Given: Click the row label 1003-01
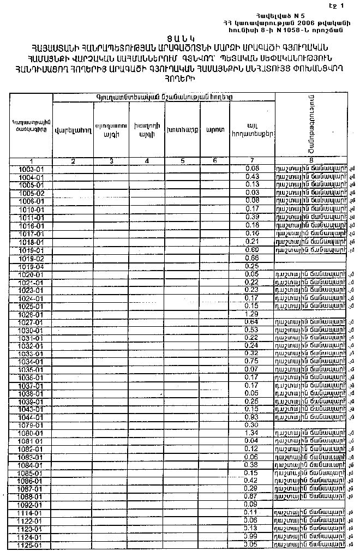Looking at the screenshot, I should tap(31, 169).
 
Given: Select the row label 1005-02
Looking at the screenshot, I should tap(31, 193).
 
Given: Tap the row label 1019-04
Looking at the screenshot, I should tap(31, 266).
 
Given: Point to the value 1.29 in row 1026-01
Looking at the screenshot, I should tap(252, 315).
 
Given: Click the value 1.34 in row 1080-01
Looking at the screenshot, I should tap(252, 433).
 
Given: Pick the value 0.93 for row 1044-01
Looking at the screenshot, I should tap(252, 417).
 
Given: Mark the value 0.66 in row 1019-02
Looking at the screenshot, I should tap(252, 257).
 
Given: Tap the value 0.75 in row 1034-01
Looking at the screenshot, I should tap(252, 361).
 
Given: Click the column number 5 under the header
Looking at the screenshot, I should tap(182, 161).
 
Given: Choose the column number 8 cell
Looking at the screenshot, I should tap(311, 161).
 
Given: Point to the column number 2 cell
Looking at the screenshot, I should tap(73, 161).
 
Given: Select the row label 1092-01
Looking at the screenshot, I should tap(31, 505).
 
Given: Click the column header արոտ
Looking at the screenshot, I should tap(214, 130).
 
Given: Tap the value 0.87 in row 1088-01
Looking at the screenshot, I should tap(252, 496).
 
